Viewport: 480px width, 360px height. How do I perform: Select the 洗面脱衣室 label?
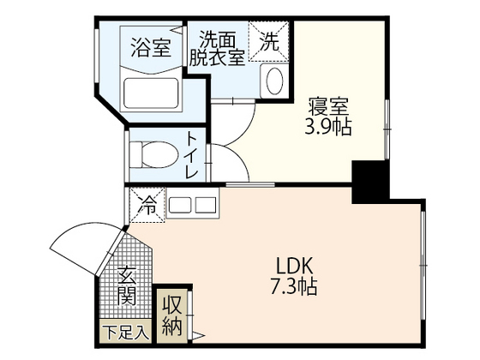tap(221, 46)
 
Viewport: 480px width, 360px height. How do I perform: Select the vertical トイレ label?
tap(191, 154)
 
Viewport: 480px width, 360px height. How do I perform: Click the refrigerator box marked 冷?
tap(147, 206)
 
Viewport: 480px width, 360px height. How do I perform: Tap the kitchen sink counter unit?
tap(193, 206)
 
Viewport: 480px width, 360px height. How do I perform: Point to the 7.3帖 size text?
tap(294, 286)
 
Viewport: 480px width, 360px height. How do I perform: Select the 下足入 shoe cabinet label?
tap(125, 329)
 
